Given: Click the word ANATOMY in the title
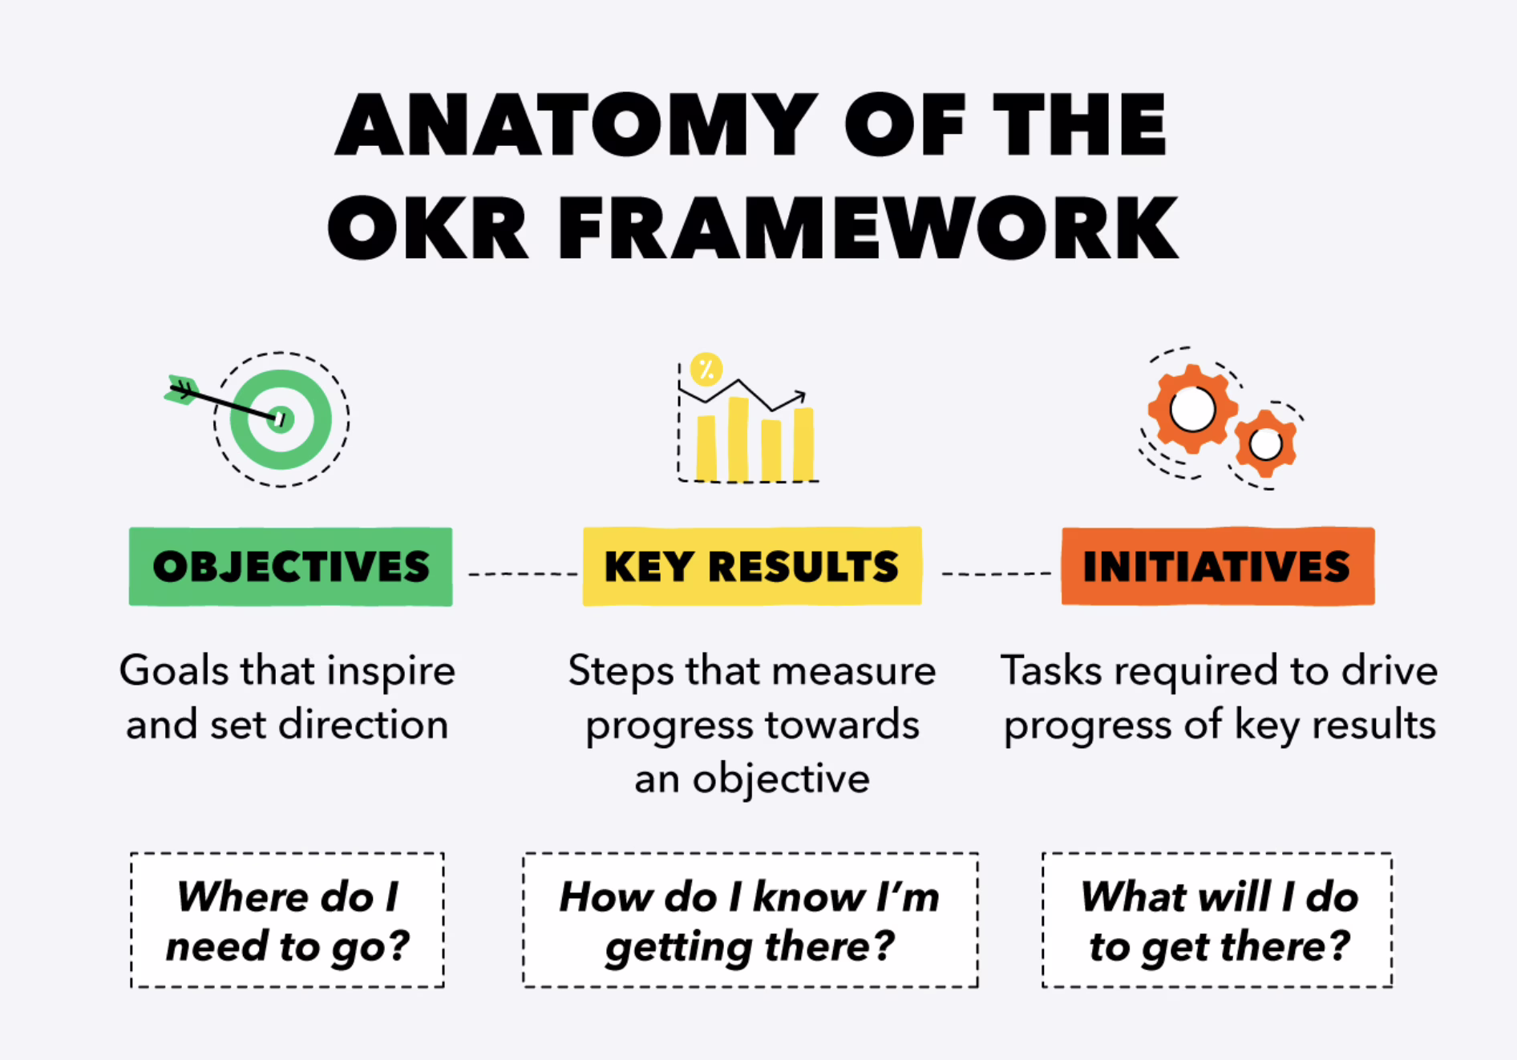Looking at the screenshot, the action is point(576,124).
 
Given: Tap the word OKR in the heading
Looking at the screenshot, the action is point(427,228).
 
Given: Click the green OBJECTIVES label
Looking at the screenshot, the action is point(290,566).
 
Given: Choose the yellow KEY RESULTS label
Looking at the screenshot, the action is point(752,566).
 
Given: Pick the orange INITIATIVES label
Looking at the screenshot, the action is point(1218,566).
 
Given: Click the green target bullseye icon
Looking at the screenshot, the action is point(281,419).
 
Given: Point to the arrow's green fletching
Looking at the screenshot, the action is point(181,390).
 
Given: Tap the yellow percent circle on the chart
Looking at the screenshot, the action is point(706,370).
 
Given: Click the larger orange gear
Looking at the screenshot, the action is point(1192,410).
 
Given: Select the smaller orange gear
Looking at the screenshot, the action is point(1266,443).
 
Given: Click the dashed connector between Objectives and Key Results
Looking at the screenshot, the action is point(523,574).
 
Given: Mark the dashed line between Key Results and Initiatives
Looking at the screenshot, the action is point(996,574).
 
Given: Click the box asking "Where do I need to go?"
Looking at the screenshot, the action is point(287,920).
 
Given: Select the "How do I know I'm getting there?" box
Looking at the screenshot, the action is point(750,920).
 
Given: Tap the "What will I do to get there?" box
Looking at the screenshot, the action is point(1217,920).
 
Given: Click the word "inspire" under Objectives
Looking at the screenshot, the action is point(391,672).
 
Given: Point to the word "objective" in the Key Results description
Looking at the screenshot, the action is point(781,779).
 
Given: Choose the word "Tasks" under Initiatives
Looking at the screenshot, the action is point(1051,670).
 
